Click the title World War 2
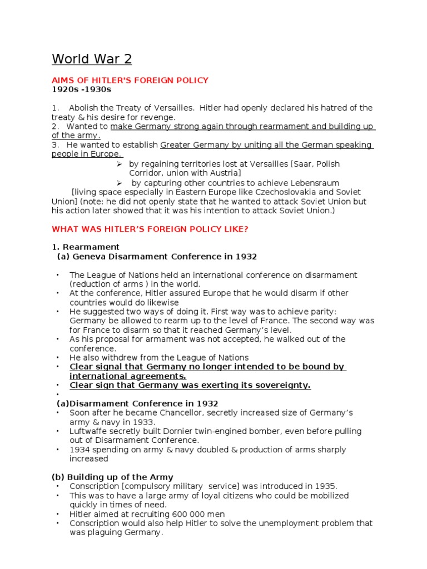click(92, 59)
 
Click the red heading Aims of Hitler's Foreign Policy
click(130, 80)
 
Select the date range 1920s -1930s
click(81, 89)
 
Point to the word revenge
click(160, 117)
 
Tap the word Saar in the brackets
click(302, 164)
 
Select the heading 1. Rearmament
click(86, 247)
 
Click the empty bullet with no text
click(58, 395)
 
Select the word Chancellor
click(181, 413)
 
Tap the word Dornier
click(175, 431)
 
